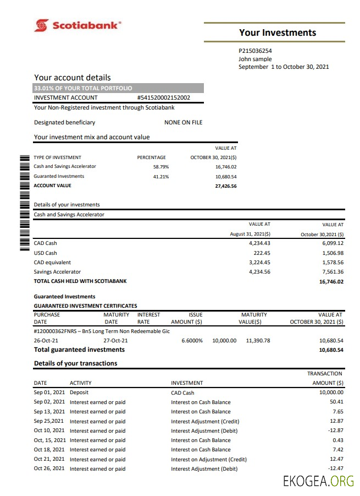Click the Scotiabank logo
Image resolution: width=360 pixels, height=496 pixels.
(x=77, y=25)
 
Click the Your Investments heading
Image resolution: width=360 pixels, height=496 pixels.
(x=278, y=32)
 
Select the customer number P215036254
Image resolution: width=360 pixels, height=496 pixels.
(x=255, y=51)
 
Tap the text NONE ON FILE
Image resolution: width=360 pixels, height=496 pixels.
(x=184, y=122)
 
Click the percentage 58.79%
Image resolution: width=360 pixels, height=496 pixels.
(x=160, y=166)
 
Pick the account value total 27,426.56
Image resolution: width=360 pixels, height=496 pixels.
(x=225, y=186)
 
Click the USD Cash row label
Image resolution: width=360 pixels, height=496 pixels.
(x=45, y=253)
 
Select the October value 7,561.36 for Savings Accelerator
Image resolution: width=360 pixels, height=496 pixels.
(x=331, y=271)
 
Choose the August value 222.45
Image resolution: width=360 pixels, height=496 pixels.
(x=259, y=253)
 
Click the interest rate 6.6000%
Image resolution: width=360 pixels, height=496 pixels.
(x=192, y=340)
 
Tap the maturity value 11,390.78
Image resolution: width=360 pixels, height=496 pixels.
(x=258, y=340)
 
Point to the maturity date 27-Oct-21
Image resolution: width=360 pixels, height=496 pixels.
(x=115, y=340)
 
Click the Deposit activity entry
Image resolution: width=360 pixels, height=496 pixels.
(x=79, y=393)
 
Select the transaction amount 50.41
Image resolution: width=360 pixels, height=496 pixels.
(x=336, y=402)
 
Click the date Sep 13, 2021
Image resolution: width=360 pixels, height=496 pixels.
(x=49, y=412)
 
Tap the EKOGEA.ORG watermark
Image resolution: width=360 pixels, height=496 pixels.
(x=318, y=482)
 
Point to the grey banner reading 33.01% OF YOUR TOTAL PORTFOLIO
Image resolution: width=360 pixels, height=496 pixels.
(x=118, y=88)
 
